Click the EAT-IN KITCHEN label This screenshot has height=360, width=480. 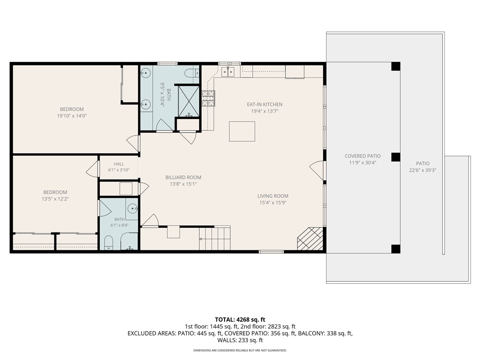click(264, 105)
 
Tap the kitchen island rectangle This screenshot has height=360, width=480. click(242, 131)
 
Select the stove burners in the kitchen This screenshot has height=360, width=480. click(208, 98)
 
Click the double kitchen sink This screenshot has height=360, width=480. click(228, 72)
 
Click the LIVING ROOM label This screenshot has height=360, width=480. click(273, 196)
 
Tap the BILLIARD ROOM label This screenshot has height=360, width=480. click(183, 177)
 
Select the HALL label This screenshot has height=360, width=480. click(119, 164)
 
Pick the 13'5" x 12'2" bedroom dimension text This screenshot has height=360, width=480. click(55, 199)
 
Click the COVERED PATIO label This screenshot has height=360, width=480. click(362, 156)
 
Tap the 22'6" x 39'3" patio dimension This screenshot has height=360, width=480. click(422, 170)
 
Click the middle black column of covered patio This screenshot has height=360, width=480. click(396, 157)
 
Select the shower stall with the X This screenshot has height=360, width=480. click(189, 101)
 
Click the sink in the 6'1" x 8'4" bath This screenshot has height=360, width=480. click(133, 209)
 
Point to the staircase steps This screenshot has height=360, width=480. click(215, 238)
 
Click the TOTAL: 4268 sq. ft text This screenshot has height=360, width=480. click(240, 320)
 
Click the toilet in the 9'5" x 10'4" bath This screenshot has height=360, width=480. click(192, 73)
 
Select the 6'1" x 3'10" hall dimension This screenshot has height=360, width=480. click(119, 170)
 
